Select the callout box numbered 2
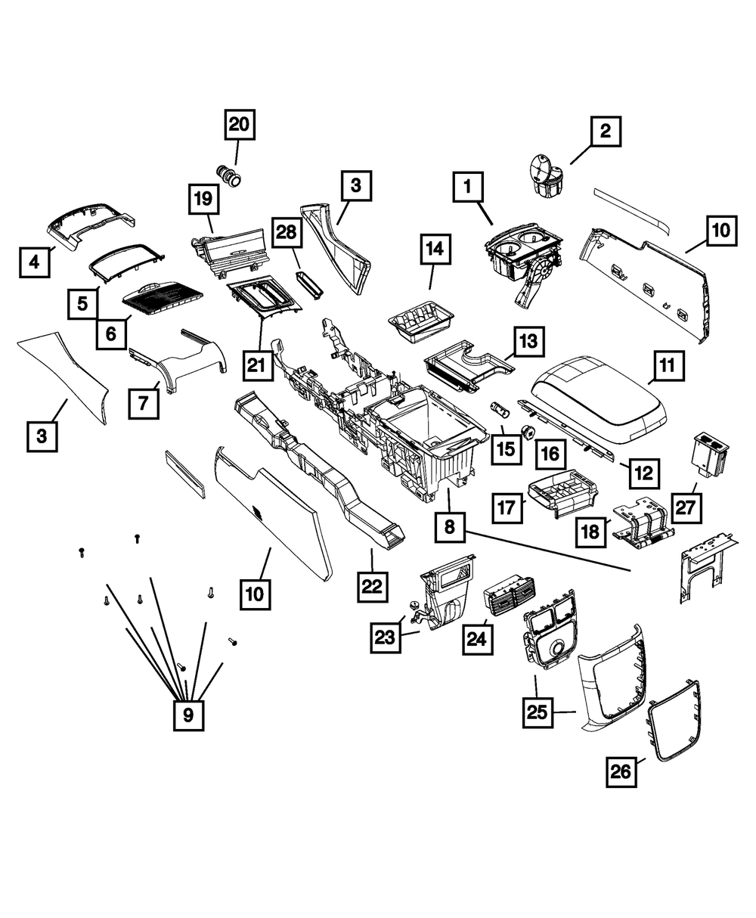[604, 132]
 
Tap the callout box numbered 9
[188, 713]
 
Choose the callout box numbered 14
[434, 248]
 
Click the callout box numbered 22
[374, 585]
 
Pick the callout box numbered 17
[509, 506]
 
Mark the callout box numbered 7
[144, 403]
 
